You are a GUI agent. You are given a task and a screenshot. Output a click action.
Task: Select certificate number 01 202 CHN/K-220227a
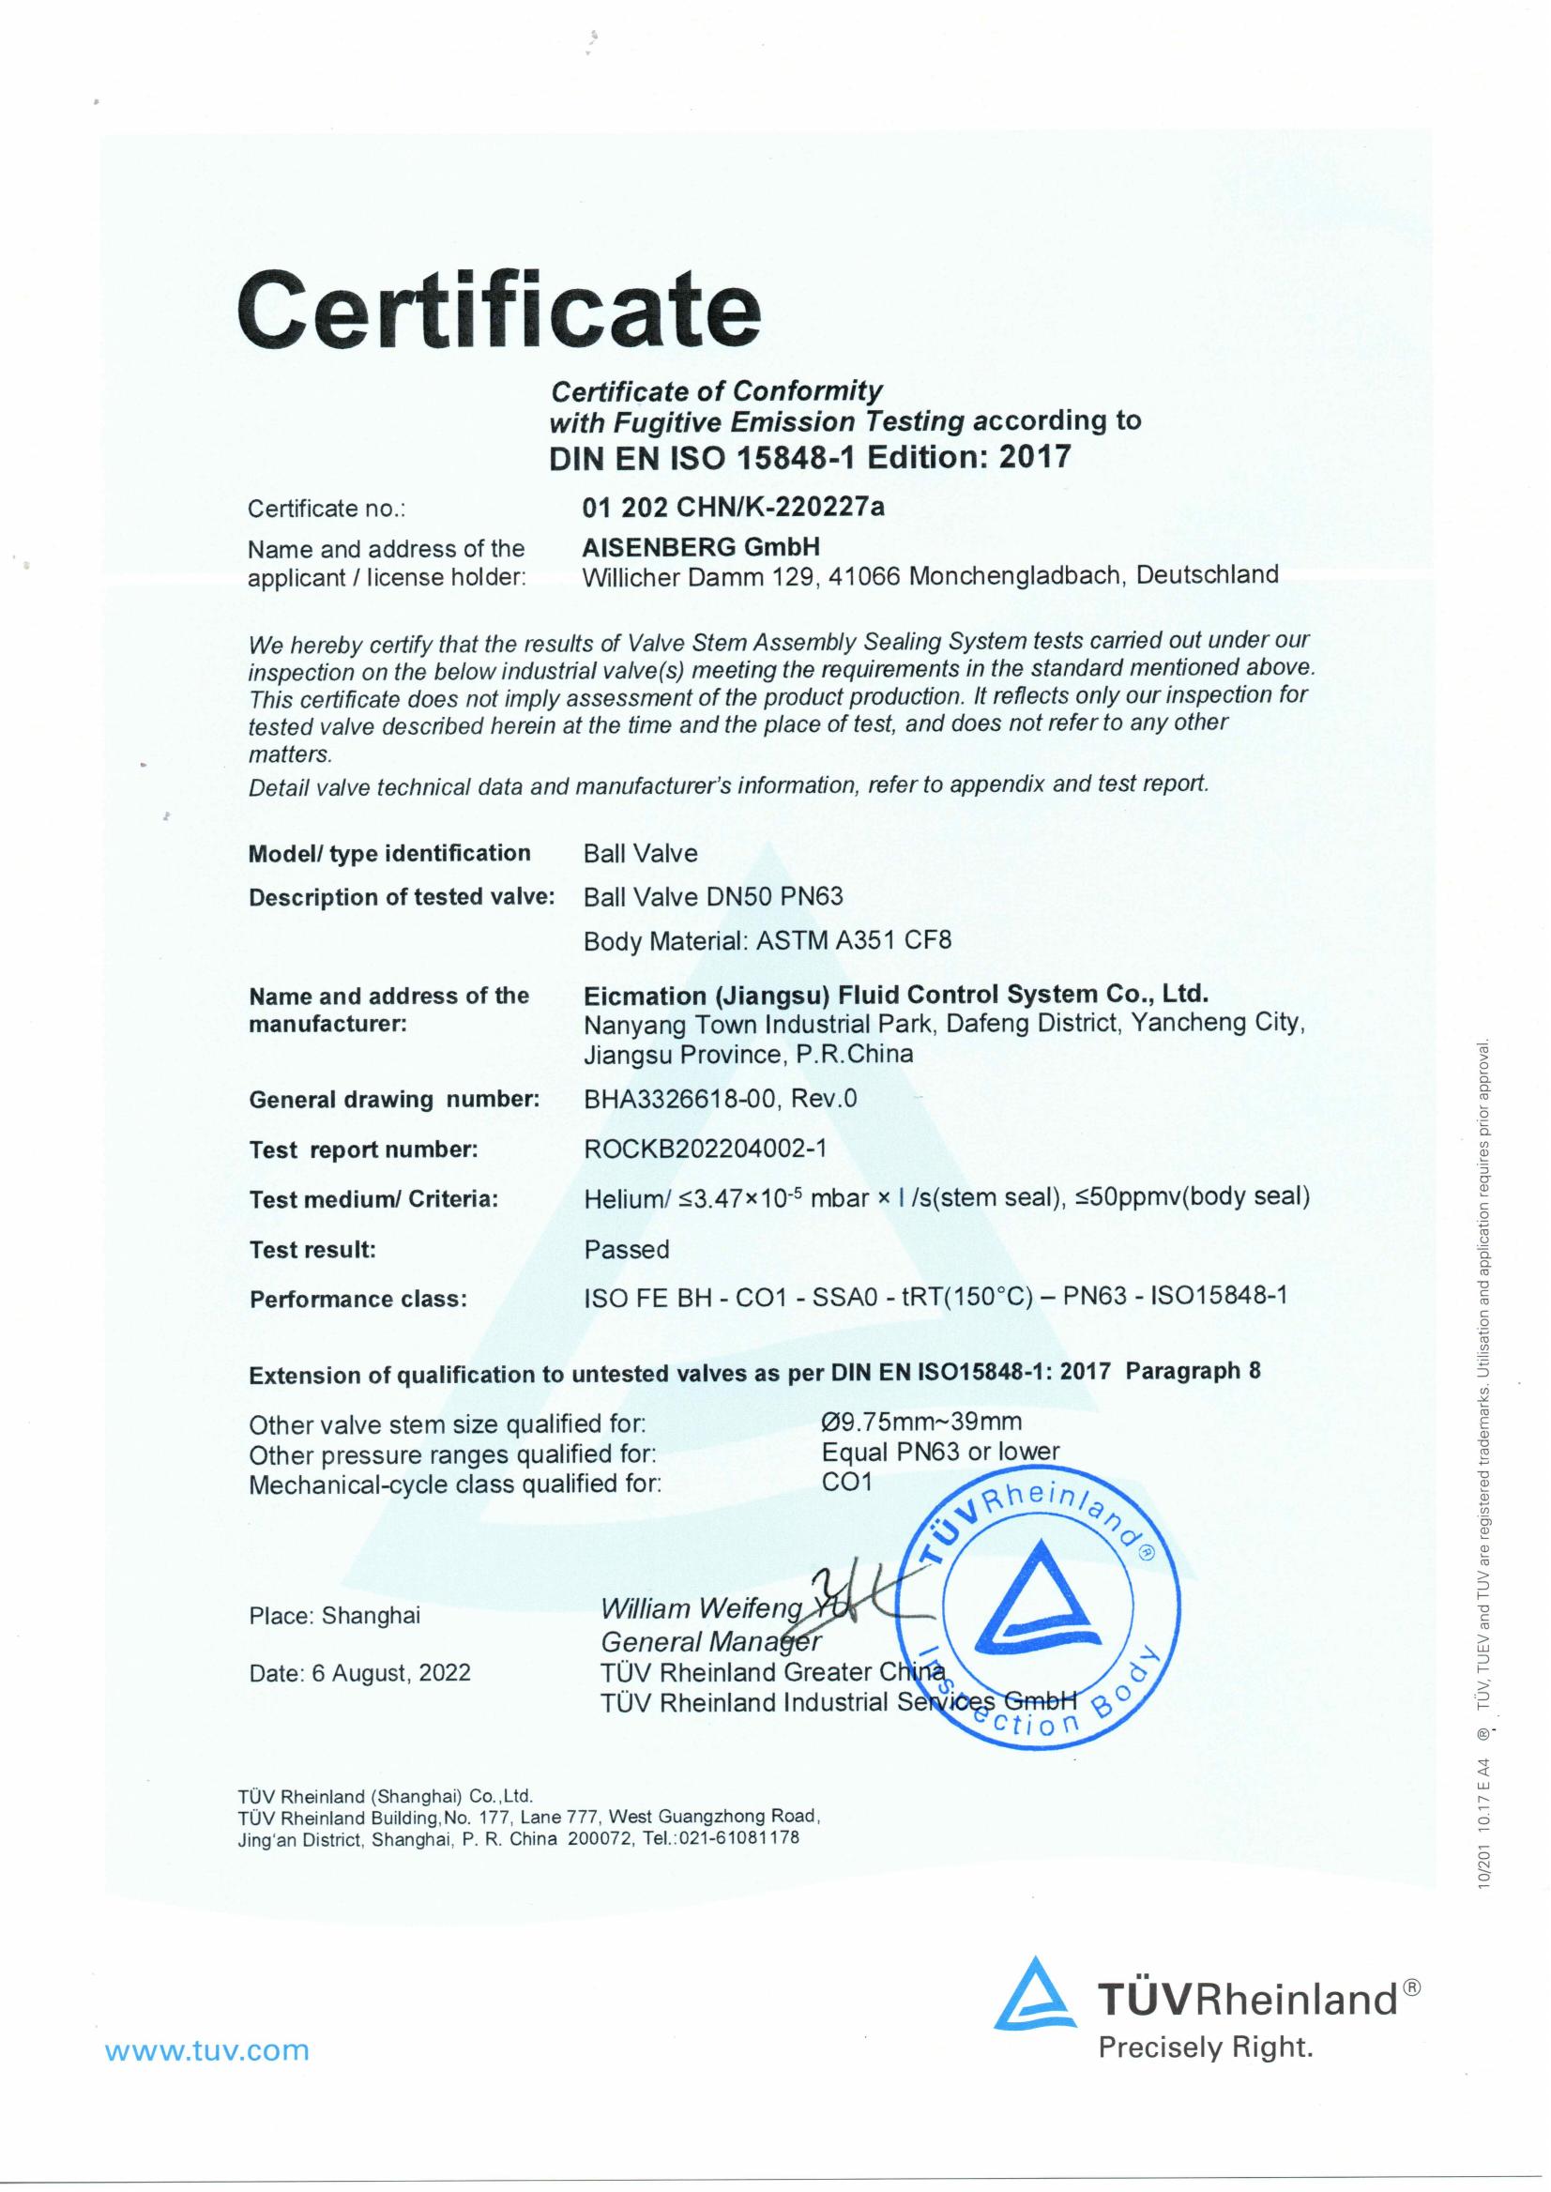[733, 506]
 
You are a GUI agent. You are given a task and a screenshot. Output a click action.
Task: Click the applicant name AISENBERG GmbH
[701, 546]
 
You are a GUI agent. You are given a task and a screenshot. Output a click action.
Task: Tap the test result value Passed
[627, 1248]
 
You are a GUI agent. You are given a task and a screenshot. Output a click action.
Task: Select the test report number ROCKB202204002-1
[705, 1148]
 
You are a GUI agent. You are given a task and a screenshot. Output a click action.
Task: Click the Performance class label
[358, 1299]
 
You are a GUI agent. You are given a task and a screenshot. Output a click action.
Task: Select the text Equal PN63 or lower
[940, 1452]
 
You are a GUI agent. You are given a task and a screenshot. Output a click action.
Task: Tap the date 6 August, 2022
[390, 1672]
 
